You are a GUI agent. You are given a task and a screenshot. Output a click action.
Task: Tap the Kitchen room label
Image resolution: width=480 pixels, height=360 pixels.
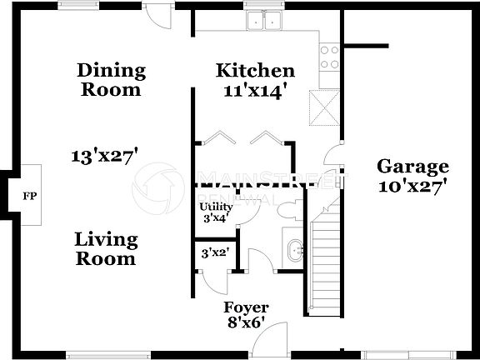pyautogui.click(x=254, y=71)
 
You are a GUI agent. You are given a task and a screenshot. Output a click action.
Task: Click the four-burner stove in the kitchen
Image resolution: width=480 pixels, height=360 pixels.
pyautogui.click(x=330, y=57)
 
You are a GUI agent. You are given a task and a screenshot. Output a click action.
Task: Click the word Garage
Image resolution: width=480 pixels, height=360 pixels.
pyautogui.click(x=412, y=166)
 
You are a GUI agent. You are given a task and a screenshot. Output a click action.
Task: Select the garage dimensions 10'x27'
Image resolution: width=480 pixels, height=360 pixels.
pyautogui.click(x=412, y=186)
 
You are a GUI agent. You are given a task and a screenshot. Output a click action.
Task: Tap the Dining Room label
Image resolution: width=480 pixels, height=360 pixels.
pyautogui.click(x=111, y=80)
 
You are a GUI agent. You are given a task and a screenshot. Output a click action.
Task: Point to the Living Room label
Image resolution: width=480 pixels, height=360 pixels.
pyautogui.click(x=105, y=249)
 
